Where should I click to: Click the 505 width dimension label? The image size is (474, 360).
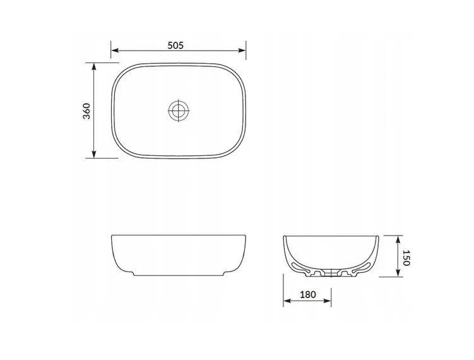[175, 45]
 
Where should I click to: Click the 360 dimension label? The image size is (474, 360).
[86, 111]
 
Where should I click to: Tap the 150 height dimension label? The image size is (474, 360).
[406, 258]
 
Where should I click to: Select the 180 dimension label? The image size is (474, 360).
[308, 294]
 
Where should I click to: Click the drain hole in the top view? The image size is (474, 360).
[179, 110]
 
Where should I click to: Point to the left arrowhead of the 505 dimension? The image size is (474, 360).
[115, 51]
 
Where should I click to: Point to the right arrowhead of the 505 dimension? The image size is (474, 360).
[242, 51]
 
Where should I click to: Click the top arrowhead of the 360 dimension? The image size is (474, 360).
[94, 67]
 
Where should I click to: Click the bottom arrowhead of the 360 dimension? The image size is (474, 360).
[94, 154]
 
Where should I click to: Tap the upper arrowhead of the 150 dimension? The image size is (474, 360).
[398, 239]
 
